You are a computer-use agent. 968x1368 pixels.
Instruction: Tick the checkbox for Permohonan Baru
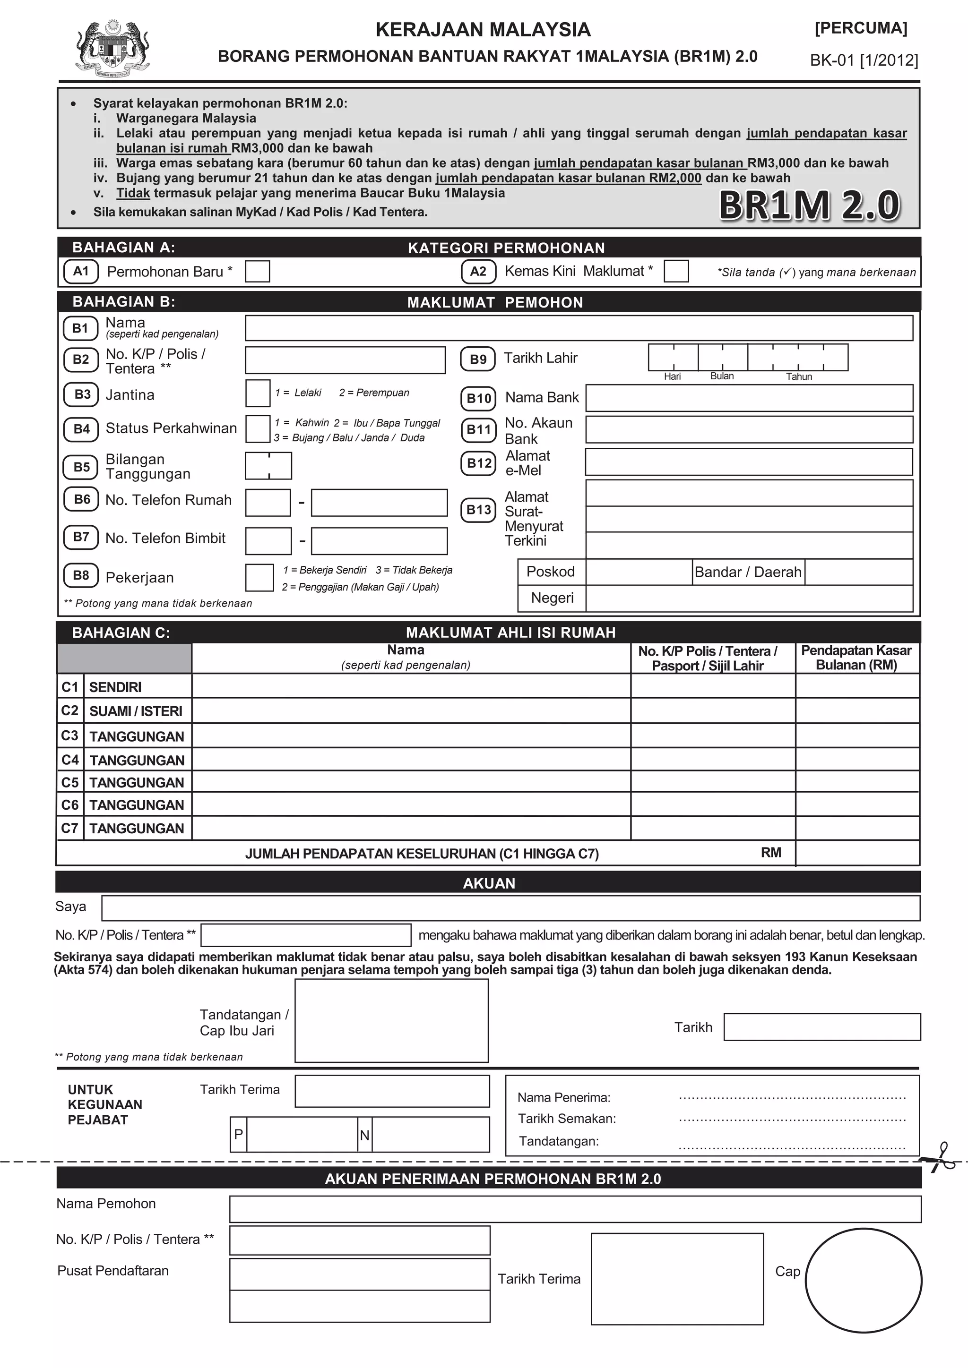[x=258, y=271]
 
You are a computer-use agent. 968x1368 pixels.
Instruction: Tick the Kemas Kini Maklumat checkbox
[x=676, y=271]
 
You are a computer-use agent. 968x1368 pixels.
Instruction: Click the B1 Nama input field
[x=578, y=328]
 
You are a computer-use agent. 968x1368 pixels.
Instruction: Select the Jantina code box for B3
[x=258, y=393]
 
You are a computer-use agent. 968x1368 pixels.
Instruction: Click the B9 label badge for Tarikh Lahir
[x=478, y=359]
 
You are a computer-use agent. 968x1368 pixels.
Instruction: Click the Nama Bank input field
[x=749, y=398]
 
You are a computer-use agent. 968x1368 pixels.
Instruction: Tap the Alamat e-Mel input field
[x=749, y=462]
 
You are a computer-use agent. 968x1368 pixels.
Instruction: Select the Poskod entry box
[x=639, y=572]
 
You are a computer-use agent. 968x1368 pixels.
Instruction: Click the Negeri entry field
[x=749, y=598]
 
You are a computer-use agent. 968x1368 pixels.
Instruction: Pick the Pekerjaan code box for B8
[x=259, y=577]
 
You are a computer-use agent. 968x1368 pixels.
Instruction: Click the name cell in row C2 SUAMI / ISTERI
[x=411, y=711]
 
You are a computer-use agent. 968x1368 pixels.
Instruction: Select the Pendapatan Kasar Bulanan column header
[x=856, y=658]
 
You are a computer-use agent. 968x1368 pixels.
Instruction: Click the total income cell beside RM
[x=857, y=853]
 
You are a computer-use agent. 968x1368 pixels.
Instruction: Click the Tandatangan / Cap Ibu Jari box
[x=392, y=1021]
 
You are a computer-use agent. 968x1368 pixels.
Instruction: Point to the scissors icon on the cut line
[x=941, y=1158]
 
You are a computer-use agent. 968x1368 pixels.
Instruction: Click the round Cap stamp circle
[x=863, y=1281]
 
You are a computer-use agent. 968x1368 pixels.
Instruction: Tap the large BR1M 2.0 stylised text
[x=810, y=205]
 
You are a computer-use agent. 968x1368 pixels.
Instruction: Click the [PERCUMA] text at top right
[x=861, y=28]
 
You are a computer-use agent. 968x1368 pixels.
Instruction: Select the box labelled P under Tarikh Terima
[x=301, y=1135]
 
